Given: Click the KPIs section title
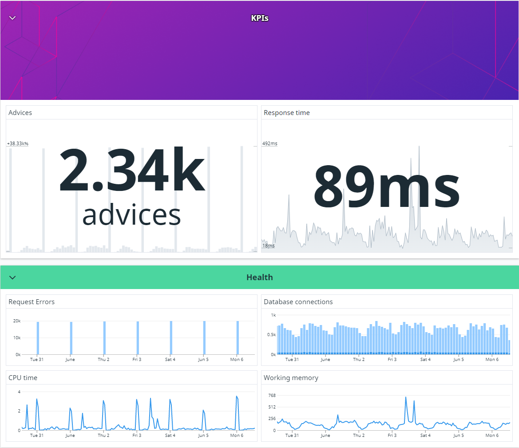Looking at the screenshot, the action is tap(259, 18).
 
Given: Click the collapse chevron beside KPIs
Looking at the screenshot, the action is tap(12, 18).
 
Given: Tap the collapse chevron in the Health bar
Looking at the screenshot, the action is tap(12, 278).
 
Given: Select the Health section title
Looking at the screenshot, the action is tap(259, 278).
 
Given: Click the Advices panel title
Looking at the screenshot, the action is tap(20, 113).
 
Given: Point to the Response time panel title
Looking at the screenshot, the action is tap(287, 113).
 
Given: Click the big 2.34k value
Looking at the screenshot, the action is tap(132, 170).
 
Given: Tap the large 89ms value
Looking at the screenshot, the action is tap(387, 186).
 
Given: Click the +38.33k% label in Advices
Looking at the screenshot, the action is tap(18, 143).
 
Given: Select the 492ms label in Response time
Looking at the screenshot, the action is tap(270, 143).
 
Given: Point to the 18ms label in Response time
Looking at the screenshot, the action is tap(269, 246).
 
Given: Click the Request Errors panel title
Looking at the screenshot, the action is tap(32, 301).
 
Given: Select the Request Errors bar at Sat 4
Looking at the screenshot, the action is tap(171, 338).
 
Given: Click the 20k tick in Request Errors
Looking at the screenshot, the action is tap(17, 321).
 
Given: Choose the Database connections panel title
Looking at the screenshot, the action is tap(298, 301).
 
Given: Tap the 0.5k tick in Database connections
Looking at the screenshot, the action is tap(271, 334).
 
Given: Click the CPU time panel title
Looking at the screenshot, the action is tap(23, 378).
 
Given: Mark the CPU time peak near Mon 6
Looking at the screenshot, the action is tap(237, 396).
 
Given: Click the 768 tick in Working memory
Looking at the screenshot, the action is tap(272, 395).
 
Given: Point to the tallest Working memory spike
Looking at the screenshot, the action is tap(406, 397).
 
